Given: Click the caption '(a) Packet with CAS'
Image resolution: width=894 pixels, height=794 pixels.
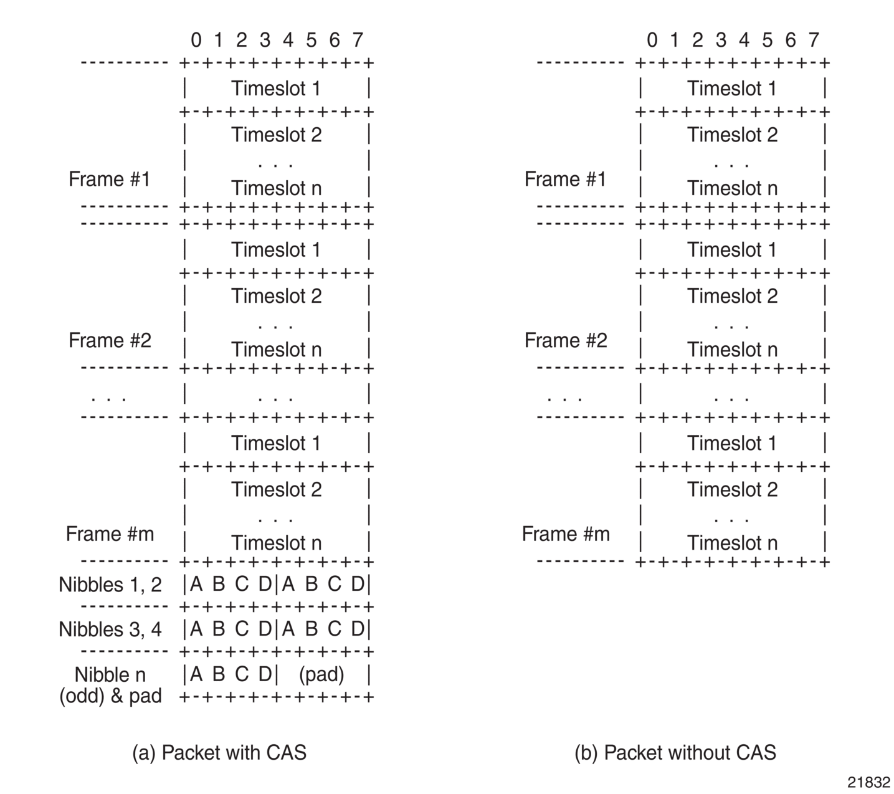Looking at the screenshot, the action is point(219,752).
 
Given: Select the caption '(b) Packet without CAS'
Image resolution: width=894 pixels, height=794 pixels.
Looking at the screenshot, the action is point(675,752).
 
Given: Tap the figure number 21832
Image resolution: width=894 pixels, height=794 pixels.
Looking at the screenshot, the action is point(868,782).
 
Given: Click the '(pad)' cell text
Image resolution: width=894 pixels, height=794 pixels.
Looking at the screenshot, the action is point(321,674).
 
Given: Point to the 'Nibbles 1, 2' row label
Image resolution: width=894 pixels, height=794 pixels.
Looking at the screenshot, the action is point(110,585).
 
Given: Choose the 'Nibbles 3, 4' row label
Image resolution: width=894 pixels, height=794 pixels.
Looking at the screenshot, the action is point(110,629).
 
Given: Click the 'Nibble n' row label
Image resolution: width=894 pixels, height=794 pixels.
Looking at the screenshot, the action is point(110,674).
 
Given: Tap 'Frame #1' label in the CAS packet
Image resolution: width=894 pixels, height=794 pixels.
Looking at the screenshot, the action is point(110,179).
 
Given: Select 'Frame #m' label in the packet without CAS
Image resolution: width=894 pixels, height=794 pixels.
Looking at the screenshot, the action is point(566,533).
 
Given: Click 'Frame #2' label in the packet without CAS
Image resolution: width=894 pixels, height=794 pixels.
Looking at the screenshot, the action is point(566,340).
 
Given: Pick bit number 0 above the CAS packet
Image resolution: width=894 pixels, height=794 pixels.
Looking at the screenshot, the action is point(196,40).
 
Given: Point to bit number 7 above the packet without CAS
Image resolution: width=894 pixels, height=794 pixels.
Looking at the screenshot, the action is point(814,40).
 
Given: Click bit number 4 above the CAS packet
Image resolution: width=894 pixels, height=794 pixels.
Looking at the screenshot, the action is point(288,40).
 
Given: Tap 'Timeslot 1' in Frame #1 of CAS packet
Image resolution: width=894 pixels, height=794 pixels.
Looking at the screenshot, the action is point(276,88).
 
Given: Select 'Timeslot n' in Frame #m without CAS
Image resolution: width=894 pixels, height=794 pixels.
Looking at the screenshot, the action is point(732,543).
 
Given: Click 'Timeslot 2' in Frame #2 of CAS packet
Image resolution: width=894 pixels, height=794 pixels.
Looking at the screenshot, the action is point(277,295).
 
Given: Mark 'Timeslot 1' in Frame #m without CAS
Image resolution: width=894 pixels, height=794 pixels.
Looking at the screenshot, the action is point(731,443).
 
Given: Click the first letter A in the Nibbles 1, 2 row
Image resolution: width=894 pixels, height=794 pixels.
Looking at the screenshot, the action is point(196,584).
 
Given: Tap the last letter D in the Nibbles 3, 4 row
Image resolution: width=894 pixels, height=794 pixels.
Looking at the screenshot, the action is point(358,628).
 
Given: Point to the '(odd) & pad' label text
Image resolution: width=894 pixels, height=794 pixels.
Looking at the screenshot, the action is point(110,696).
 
